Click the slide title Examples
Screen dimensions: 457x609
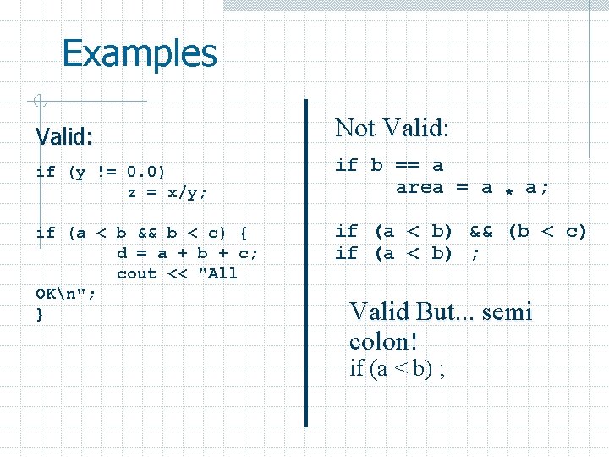click(140, 53)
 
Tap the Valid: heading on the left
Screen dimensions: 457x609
click(64, 135)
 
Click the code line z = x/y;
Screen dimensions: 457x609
click(167, 192)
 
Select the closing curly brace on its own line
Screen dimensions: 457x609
click(40, 315)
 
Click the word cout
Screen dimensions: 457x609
click(137, 273)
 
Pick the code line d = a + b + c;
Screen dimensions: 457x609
click(188, 253)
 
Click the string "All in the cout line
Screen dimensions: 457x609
click(216, 273)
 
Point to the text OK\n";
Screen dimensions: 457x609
click(66, 295)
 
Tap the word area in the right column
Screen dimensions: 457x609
click(419, 187)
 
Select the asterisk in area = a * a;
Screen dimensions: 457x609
click(509, 190)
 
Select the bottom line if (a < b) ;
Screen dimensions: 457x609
click(398, 369)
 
